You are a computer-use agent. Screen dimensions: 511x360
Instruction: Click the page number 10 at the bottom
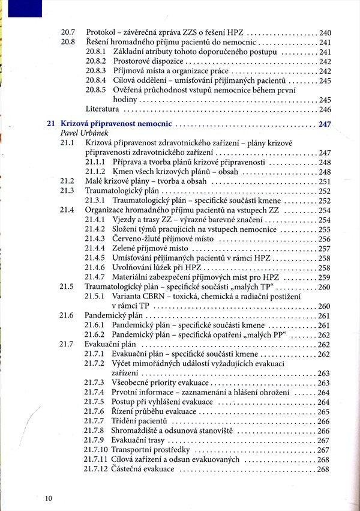[x=49, y=498]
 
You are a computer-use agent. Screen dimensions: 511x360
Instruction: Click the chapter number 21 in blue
[x=52, y=123]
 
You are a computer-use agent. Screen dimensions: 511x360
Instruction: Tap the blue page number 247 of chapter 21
[x=325, y=123]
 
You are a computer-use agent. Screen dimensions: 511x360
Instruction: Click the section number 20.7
[x=68, y=32]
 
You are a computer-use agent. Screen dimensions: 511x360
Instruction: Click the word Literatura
[x=102, y=109]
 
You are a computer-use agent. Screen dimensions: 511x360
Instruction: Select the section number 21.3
[x=67, y=190]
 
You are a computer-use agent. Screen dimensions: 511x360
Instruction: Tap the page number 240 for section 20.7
[x=325, y=32]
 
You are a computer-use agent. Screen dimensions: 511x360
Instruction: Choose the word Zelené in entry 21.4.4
[x=125, y=248]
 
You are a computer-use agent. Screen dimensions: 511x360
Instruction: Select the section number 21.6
[x=67, y=315]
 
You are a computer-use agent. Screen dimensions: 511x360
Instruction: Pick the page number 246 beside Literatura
[x=325, y=109]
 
